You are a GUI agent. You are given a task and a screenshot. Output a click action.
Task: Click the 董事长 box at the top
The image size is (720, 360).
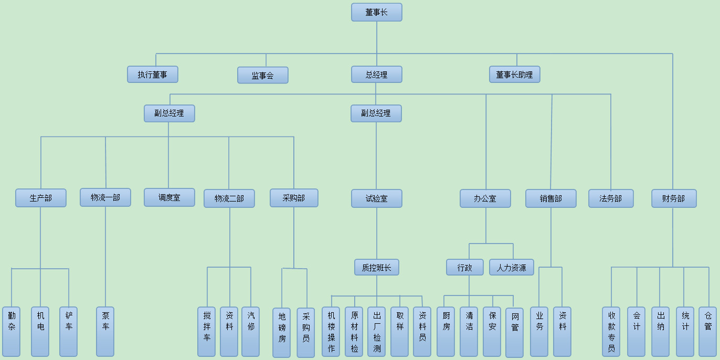(x=376, y=12)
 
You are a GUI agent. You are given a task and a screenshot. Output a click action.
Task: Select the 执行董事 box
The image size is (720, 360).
(x=152, y=75)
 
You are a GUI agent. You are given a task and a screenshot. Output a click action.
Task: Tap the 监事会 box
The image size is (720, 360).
(x=262, y=75)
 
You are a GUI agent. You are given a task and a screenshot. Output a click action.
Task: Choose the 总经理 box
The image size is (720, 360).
(x=376, y=75)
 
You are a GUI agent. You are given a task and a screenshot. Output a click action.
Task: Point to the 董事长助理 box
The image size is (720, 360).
(x=514, y=75)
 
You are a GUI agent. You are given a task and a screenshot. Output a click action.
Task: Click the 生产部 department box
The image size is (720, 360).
(x=41, y=198)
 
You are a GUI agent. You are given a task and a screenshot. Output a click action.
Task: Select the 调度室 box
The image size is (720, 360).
(x=169, y=197)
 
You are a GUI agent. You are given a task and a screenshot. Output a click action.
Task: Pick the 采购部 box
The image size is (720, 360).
(x=294, y=198)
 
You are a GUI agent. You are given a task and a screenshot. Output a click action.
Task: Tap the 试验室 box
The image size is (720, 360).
(x=376, y=198)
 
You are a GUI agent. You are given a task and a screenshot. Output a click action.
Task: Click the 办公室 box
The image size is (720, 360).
(x=485, y=198)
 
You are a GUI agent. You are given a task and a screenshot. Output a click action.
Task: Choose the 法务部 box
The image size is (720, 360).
(x=611, y=198)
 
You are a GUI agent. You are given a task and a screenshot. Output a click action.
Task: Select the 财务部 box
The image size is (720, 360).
(x=674, y=198)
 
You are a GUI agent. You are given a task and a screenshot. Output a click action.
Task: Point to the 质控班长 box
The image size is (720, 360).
(x=376, y=267)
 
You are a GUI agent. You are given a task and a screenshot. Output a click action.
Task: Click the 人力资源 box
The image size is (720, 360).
(x=511, y=267)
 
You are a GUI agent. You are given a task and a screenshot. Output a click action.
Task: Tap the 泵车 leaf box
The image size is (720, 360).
(x=105, y=332)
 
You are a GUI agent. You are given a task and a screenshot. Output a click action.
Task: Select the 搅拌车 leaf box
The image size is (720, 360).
(x=207, y=332)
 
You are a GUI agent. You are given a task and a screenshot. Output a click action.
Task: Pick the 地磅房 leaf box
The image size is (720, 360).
(x=282, y=332)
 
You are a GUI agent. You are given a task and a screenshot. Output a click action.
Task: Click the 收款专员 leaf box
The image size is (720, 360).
(x=611, y=332)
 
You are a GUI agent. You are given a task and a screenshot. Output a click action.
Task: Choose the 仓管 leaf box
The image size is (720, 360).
(x=707, y=332)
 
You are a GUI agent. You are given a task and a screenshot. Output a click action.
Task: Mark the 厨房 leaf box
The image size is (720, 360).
(x=446, y=332)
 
